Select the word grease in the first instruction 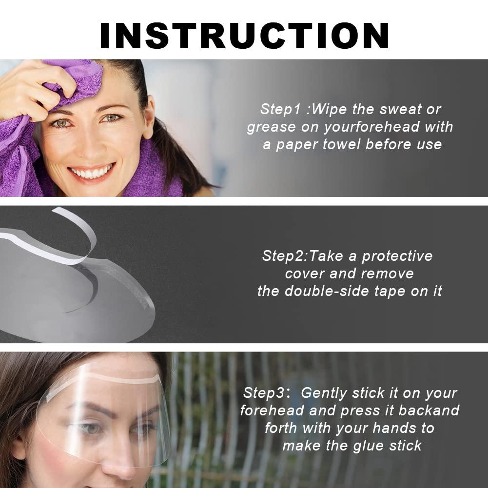click(271, 127)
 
